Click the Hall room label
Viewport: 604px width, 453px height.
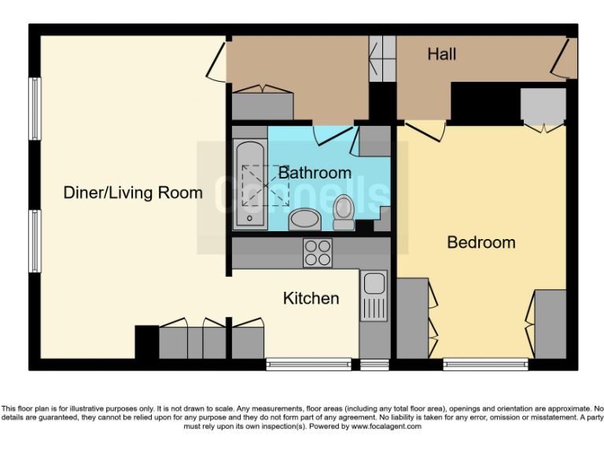pyautogui.click(x=442, y=54)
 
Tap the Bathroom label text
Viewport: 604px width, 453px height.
pyautogui.click(x=315, y=172)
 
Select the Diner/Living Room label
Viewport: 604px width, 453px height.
pyautogui.click(x=133, y=193)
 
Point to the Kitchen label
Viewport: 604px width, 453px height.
pyautogui.click(x=311, y=298)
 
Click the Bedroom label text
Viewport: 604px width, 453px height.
pyautogui.click(x=481, y=242)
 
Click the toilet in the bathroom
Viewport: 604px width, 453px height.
pyautogui.click(x=344, y=212)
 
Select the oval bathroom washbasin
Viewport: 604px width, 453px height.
pyautogui.click(x=304, y=219)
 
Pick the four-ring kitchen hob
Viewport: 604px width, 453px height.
pyautogui.click(x=318, y=252)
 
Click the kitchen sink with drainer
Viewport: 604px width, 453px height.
pyautogui.click(x=374, y=295)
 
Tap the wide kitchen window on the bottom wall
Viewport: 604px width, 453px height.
pyautogui.click(x=308, y=364)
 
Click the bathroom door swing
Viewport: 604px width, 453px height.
pyautogui.click(x=330, y=135)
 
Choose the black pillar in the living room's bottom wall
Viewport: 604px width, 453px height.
pyautogui.click(x=146, y=342)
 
